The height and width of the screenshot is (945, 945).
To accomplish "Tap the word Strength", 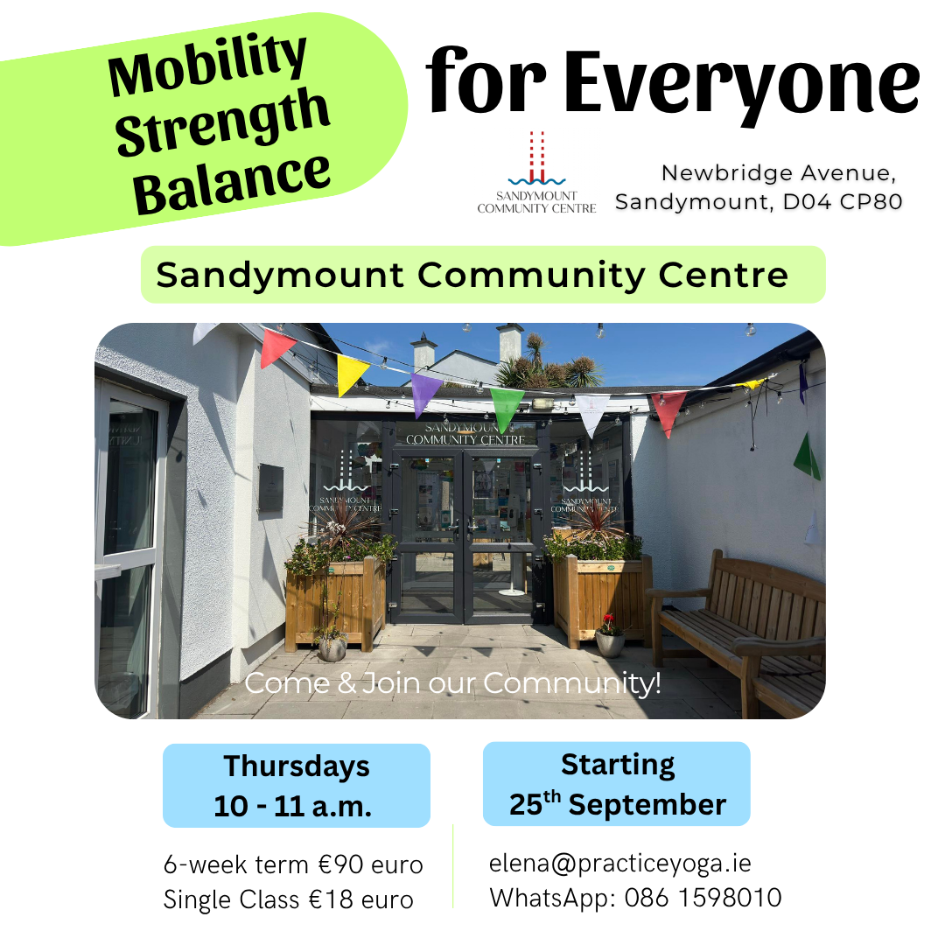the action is point(222,122).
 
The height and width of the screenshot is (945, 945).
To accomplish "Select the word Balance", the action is point(232,183).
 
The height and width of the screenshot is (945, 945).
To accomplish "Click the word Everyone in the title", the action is point(742,84).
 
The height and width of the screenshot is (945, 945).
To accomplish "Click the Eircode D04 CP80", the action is point(842,202).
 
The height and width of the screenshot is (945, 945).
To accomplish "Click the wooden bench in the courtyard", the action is point(738,626).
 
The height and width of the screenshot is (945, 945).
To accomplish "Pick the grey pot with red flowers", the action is point(610,638).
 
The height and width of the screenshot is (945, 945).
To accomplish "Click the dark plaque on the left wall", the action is point(270,488).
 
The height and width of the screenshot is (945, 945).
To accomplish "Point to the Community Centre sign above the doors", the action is point(465,435).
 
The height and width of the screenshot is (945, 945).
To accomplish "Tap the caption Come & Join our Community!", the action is point(452,683).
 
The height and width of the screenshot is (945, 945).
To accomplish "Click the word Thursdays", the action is point(297,766).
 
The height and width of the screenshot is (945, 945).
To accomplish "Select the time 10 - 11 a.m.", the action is point(293,807).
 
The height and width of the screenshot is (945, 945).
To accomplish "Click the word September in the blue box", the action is point(647,805).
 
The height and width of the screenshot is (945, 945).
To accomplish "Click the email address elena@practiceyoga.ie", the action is point(620,864).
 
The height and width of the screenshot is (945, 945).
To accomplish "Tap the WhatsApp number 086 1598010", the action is point(703,898).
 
